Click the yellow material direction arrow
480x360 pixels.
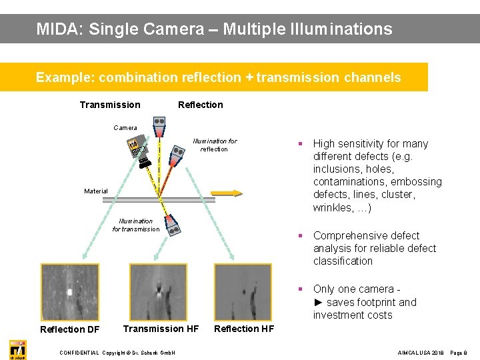(229, 193)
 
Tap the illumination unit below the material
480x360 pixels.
(173, 225)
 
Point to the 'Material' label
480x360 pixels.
(96, 191)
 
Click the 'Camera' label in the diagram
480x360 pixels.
(125, 127)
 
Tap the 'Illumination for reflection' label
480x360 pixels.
(214, 145)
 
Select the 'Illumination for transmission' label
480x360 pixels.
(136, 225)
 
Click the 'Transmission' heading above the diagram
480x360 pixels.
(110, 105)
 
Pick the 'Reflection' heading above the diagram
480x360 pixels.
(200, 105)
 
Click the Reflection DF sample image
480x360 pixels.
(70, 292)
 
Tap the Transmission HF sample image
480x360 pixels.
(158, 292)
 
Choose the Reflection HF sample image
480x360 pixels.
(243, 292)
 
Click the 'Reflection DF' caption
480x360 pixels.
(70, 329)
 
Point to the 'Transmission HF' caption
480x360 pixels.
(161, 328)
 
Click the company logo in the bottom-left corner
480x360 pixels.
(18, 349)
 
